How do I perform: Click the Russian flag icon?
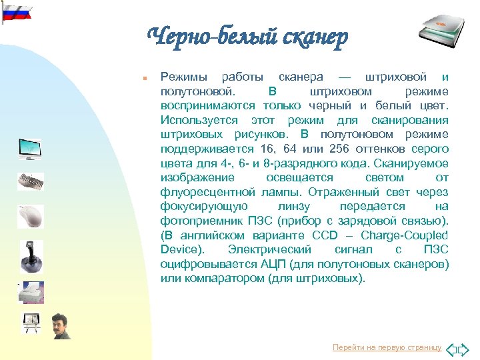[16, 11]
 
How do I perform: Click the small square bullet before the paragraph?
[144, 77]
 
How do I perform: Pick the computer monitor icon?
[30, 148]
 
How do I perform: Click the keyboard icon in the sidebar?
[31, 181]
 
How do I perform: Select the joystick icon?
[31, 256]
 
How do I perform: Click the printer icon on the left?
[31, 291]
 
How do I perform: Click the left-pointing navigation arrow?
[451, 349]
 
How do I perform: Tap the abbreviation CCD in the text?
[326, 236]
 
